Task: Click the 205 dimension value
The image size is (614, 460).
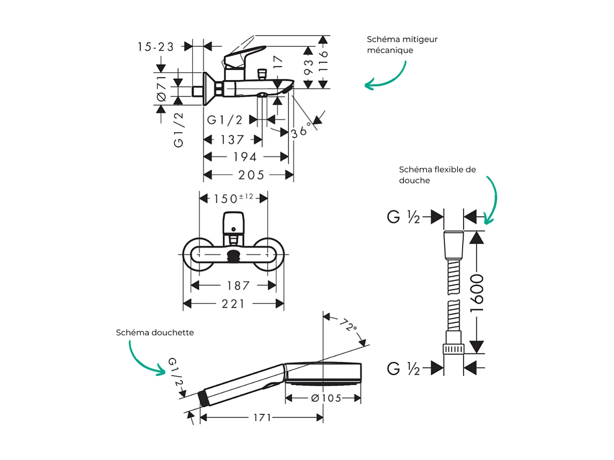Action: tap(251, 175)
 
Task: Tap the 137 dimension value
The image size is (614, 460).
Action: tap(233, 139)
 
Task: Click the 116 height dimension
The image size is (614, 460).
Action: tap(324, 61)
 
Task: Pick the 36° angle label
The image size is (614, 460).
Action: tap(301, 131)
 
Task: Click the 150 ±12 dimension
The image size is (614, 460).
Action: tap(233, 198)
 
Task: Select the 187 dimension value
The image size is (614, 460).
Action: tap(238, 286)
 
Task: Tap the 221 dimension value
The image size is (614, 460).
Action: tap(233, 304)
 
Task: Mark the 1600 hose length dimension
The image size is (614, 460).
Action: tap(477, 293)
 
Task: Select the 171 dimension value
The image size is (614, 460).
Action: tap(263, 417)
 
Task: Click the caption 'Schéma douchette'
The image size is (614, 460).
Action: tap(155, 333)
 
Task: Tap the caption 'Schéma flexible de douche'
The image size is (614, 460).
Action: tap(437, 175)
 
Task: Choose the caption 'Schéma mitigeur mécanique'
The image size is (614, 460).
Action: tap(402, 45)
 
